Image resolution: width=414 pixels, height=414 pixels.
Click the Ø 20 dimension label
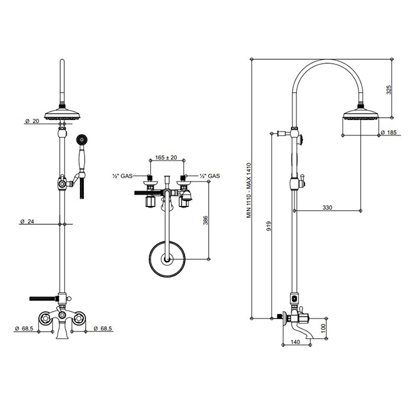[x=32, y=121]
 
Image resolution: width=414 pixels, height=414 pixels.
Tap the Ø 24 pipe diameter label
[x=27, y=221]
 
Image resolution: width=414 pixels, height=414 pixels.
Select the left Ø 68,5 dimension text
[x=24, y=328]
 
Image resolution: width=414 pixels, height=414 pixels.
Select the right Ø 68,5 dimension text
[x=103, y=328]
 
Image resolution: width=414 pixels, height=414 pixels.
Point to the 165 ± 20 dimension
[x=166, y=158]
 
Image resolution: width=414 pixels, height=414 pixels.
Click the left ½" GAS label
[x=122, y=176]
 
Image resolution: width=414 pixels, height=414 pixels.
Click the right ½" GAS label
[x=210, y=176]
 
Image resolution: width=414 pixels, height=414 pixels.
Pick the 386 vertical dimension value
[x=205, y=221]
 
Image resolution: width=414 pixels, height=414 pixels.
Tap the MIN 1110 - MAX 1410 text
[x=249, y=190]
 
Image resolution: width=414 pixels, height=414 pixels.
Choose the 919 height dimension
[x=269, y=227]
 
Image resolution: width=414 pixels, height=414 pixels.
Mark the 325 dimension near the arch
[x=389, y=90]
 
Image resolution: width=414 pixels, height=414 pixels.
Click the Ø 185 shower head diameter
[x=389, y=132]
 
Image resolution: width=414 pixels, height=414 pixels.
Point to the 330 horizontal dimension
[x=327, y=208]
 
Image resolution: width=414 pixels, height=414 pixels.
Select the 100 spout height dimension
[x=324, y=328]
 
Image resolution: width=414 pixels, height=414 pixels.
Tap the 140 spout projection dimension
[x=295, y=342]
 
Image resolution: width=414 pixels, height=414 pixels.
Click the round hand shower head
[x=82, y=140]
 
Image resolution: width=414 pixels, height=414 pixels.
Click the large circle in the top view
[x=167, y=259]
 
